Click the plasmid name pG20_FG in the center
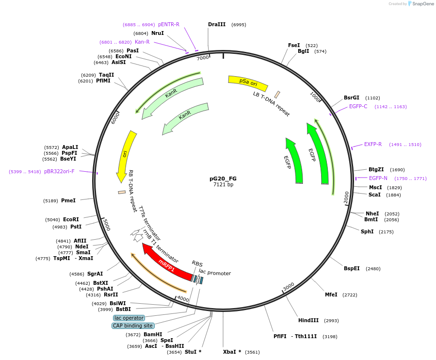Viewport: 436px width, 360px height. pyautogui.click(x=223, y=179)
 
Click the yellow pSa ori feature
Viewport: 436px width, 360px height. pyautogui.click(x=248, y=83)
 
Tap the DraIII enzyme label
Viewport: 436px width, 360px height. pyautogui.click(x=217, y=24)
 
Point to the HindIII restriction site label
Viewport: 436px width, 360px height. pyautogui.click(x=308, y=320)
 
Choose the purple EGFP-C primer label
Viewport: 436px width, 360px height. pyautogui.click(x=358, y=107)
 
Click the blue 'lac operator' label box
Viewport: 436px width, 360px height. pyautogui.click(x=129, y=318)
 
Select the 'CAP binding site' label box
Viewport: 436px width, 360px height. pyautogui.click(x=133, y=326)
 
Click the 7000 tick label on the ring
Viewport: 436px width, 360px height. pyautogui.click(x=203, y=58)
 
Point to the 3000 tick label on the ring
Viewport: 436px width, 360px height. pyautogui.click(x=289, y=287)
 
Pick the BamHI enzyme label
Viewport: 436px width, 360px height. pyautogui.click(x=152, y=334)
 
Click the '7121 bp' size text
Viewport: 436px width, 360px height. pyautogui.click(x=223, y=185)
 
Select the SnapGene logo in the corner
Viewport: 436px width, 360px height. pyautogui.click(x=421, y=4)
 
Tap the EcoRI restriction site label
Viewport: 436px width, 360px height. pyautogui.click(x=71, y=219)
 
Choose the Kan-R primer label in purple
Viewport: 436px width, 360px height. pyautogui.click(x=142, y=42)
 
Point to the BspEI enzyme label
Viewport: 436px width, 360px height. pyautogui.click(x=352, y=268)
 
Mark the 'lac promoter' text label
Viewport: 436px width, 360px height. pyautogui.click(x=215, y=273)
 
